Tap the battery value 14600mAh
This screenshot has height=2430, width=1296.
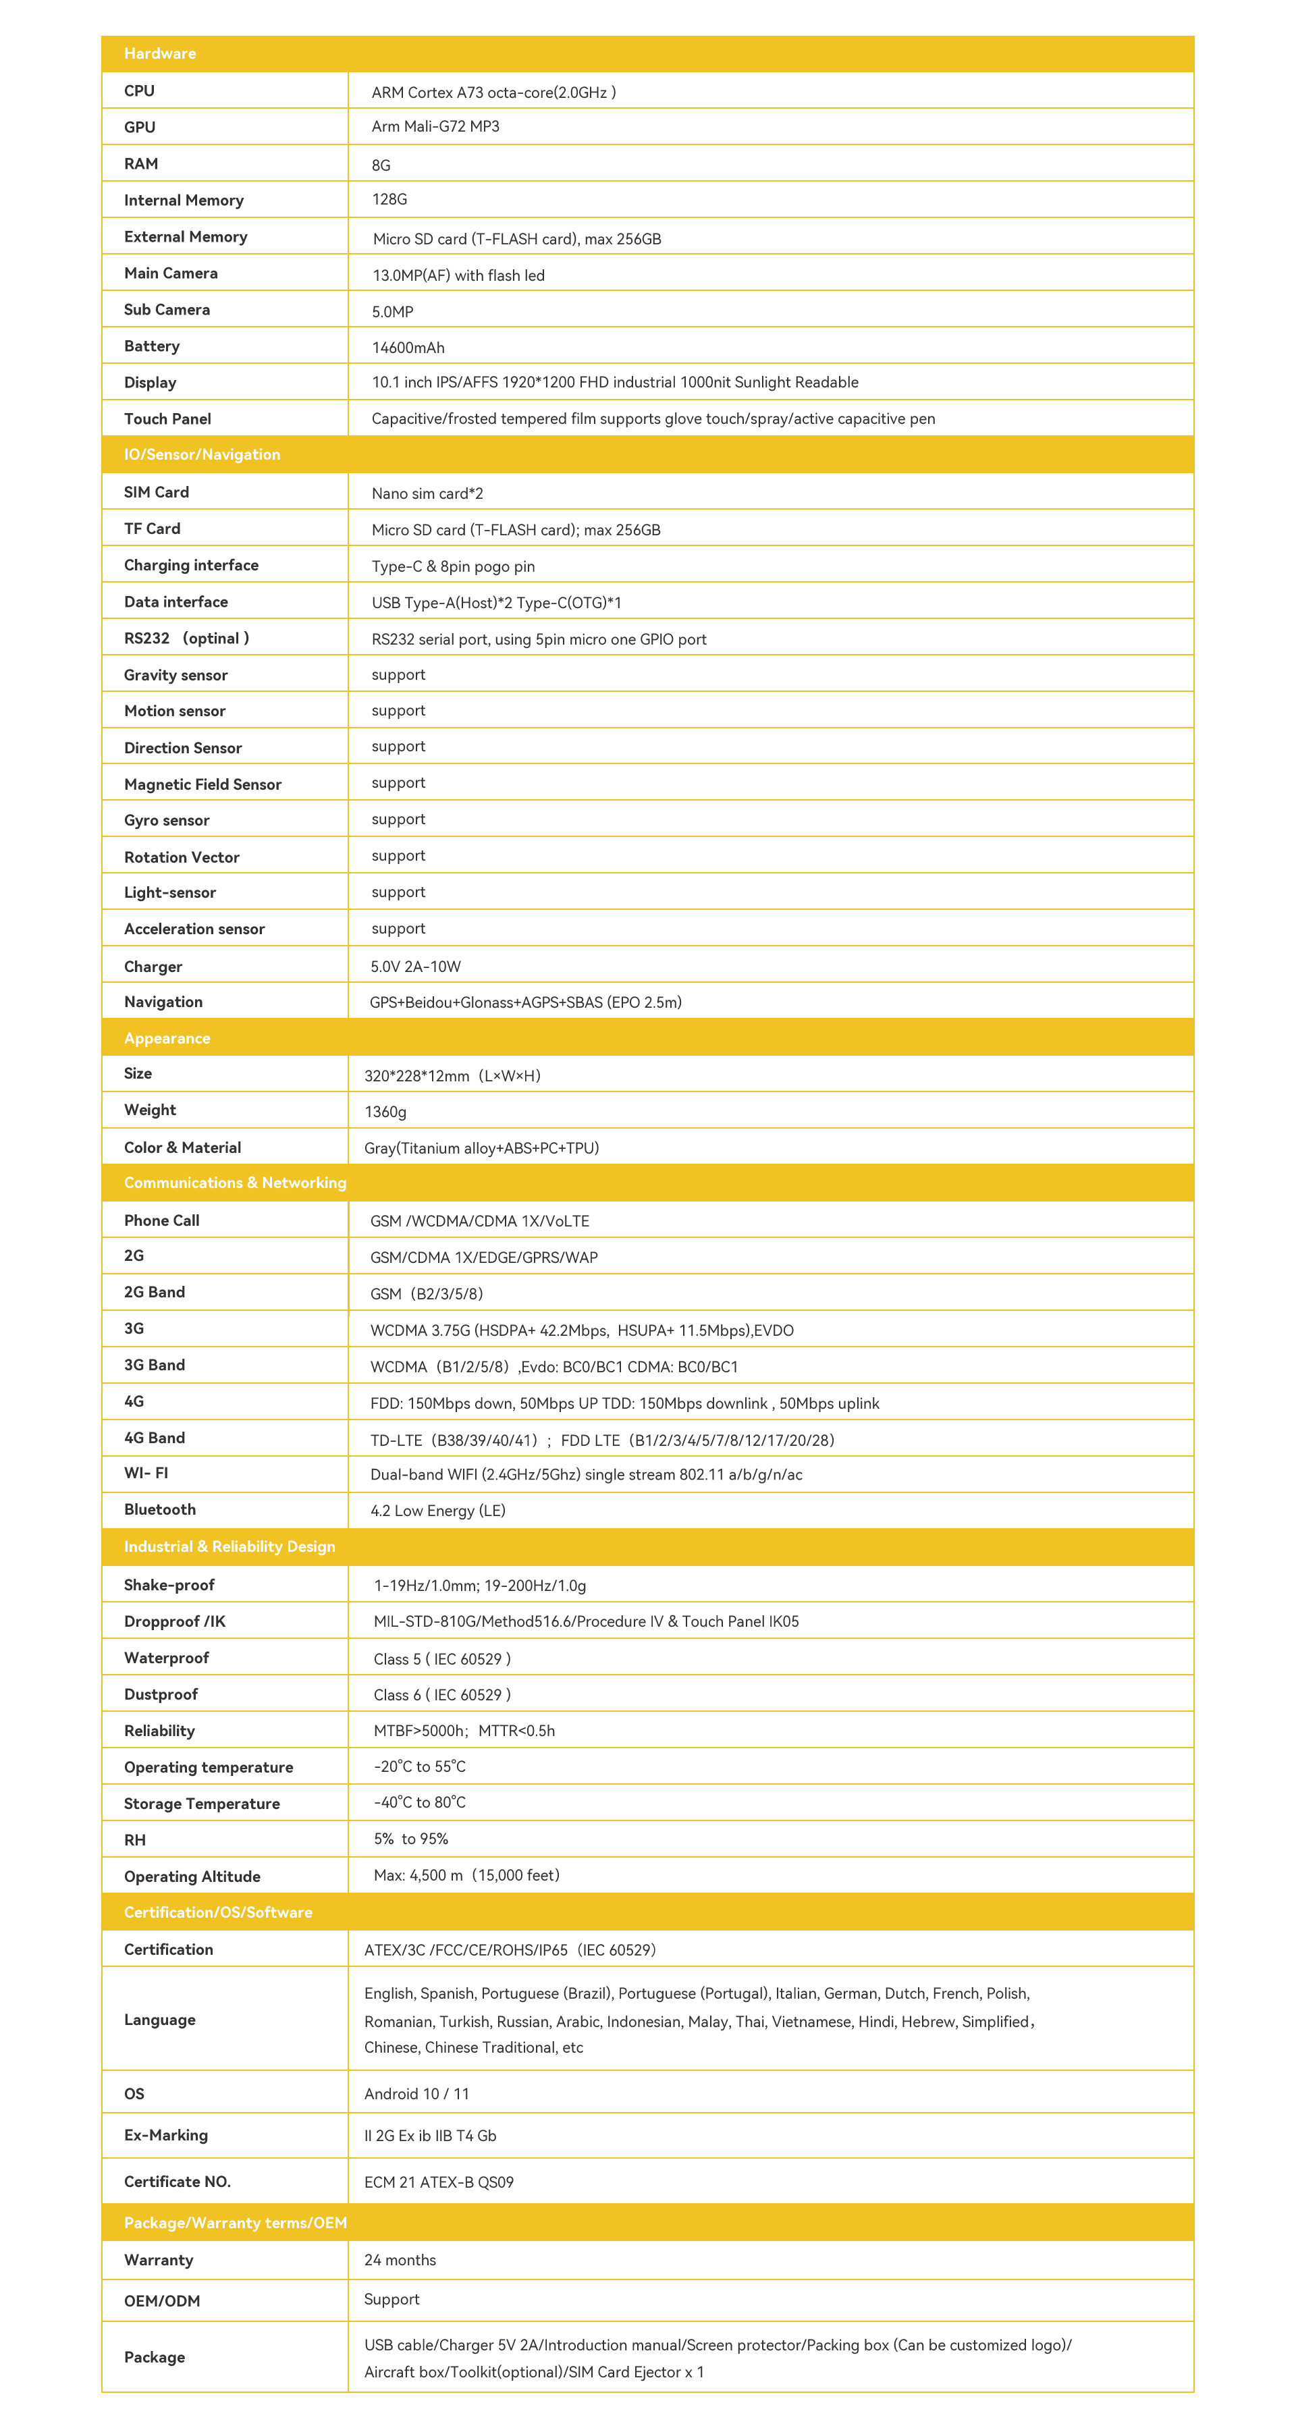tap(408, 348)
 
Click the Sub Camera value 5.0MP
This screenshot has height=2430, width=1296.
tap(392, 311)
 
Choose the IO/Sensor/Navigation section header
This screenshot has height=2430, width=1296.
tap(202, 455)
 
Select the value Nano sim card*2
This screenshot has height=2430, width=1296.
tap(427, 493)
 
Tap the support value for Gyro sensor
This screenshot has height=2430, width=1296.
tap(398, 819)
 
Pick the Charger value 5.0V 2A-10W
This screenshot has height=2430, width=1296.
tap(415, 966)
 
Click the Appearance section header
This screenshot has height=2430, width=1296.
tap(167, 1039)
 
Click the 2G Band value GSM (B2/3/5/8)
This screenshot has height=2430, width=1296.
tap(427, 1293)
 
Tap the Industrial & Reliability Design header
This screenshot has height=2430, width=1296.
tap(230, 1546)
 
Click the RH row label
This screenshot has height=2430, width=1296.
tap(135, 1839)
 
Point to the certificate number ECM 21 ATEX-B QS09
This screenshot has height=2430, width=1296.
tap(439, 2182)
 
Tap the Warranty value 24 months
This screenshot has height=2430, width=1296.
tap(400, 2260)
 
